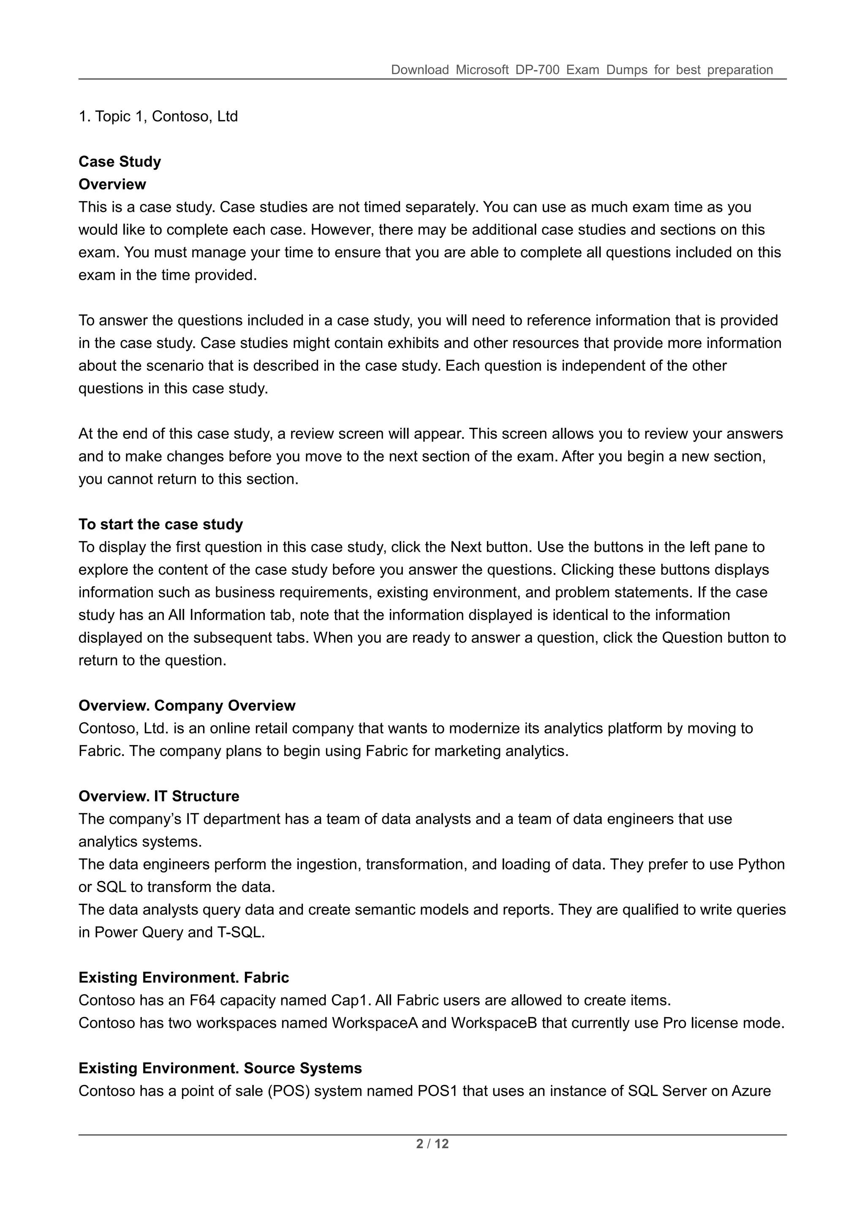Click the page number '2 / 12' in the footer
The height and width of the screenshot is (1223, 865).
pos(432,1144)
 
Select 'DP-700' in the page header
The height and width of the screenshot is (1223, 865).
pos(537,70)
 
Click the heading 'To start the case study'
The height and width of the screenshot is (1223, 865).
pos(160,524)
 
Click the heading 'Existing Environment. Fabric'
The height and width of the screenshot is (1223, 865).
pos(183,978)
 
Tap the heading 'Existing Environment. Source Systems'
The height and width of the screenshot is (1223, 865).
pos(220,1068)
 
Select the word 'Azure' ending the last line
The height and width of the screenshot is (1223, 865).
pos(751,1091)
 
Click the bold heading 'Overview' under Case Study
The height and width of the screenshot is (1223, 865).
pos(112,184)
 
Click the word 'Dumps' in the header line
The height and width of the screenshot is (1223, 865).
pos(626,70)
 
